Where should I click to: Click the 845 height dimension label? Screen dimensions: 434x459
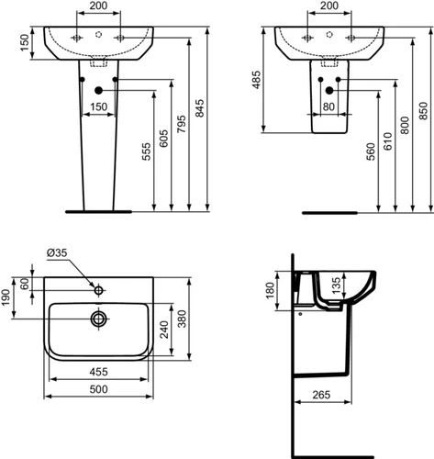point(199,108)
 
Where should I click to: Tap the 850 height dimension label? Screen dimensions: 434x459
point(424,111)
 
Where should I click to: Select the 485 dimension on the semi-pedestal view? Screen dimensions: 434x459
point(257,80)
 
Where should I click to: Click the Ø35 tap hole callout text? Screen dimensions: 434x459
point(57,252)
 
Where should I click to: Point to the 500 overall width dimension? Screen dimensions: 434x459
point(98,389)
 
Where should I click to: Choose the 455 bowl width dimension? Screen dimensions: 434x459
point(98,372)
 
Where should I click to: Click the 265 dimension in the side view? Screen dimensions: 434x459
point(321,395)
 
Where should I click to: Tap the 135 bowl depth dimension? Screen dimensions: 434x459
point(336,285)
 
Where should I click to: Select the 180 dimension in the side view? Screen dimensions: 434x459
point(271,290)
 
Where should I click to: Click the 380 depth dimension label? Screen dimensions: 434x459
point(182,319)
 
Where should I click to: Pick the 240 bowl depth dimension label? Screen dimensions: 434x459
point(164,330)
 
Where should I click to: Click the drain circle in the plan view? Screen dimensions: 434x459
point(98,319)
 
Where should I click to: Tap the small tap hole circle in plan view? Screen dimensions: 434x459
point(98,290)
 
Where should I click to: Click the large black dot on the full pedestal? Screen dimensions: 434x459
point(98,90)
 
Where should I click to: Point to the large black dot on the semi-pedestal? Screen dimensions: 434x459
point(329,90)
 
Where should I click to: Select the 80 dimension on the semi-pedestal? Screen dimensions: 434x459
point(328,106)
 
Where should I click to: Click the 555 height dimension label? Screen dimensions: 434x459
point(147,151)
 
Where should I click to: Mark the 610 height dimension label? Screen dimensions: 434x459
point(388,141)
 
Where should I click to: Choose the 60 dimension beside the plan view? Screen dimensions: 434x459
point(26,284)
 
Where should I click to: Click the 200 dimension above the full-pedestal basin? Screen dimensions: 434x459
point(98,6)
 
